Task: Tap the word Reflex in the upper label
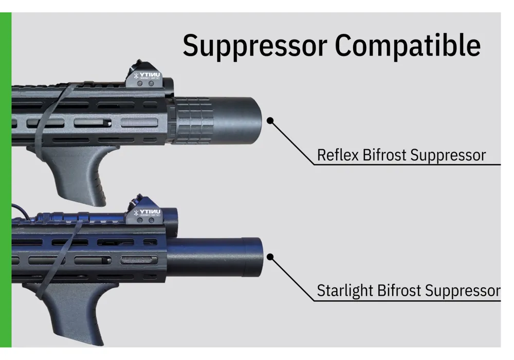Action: [x=338, y=155]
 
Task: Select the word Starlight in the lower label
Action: [x=345, y=291]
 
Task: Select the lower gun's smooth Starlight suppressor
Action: [x=216, y=257]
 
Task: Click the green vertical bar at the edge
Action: [x=6, y=180]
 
